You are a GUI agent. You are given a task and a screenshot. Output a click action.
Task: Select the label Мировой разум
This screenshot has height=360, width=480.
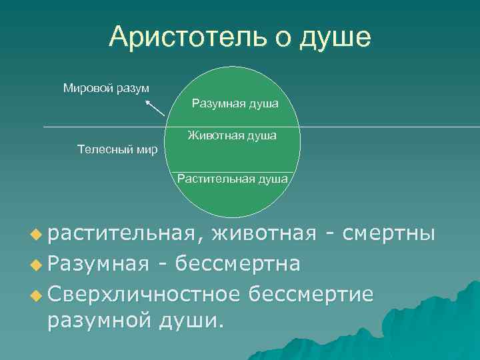106,87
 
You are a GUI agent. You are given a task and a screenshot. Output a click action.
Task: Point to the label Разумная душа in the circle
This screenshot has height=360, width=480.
235,104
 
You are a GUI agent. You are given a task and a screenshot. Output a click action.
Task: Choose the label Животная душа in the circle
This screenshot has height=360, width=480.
232,136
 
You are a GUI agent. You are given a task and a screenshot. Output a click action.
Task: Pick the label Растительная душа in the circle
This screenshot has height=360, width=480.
233,179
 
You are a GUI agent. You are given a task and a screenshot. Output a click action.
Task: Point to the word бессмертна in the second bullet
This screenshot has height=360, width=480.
240,264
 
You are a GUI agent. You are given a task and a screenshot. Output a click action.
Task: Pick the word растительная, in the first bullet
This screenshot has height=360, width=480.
123,233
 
